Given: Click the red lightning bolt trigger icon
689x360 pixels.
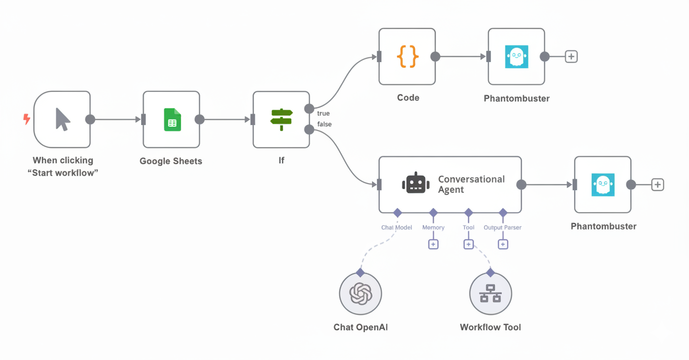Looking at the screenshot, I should [x=27, y=119].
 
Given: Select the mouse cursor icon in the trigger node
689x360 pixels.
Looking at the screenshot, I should [x=62, y=119].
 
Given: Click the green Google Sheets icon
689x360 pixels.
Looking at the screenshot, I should [x=172, y=120].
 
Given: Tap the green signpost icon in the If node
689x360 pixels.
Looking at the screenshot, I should [x=281, y=119].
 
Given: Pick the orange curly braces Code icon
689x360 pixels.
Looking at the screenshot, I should [x=407, y=57].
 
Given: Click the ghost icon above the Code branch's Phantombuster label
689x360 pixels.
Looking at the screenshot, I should [x=516, y=57].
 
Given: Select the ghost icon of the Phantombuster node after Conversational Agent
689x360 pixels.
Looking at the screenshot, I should [x=603, y=185].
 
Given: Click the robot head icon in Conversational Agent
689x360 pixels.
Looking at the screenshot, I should [x=415, y=184].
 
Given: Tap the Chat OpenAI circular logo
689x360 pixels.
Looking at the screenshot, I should [x=361, y=294].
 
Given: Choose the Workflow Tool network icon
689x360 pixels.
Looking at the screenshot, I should [x=490, y=294].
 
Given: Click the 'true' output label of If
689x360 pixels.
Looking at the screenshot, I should [x=323, y=113].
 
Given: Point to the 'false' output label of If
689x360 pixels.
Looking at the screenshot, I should [x=324, y=124].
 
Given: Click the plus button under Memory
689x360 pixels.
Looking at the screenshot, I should [x=433, y=244].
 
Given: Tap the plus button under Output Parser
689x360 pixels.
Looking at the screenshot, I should [x=503, y=244].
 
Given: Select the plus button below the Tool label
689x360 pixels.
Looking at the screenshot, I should [x=468, y=244].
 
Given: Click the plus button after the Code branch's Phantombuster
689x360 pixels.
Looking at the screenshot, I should [x=571, y=57].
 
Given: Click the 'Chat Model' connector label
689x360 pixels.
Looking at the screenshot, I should [x=396, y=227].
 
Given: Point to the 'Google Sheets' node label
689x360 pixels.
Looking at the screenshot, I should [x=171, y=161].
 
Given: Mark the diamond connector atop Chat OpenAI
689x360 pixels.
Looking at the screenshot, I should [x=361, y=272].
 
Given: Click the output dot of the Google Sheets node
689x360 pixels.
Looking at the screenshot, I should [x=199, y=119].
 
